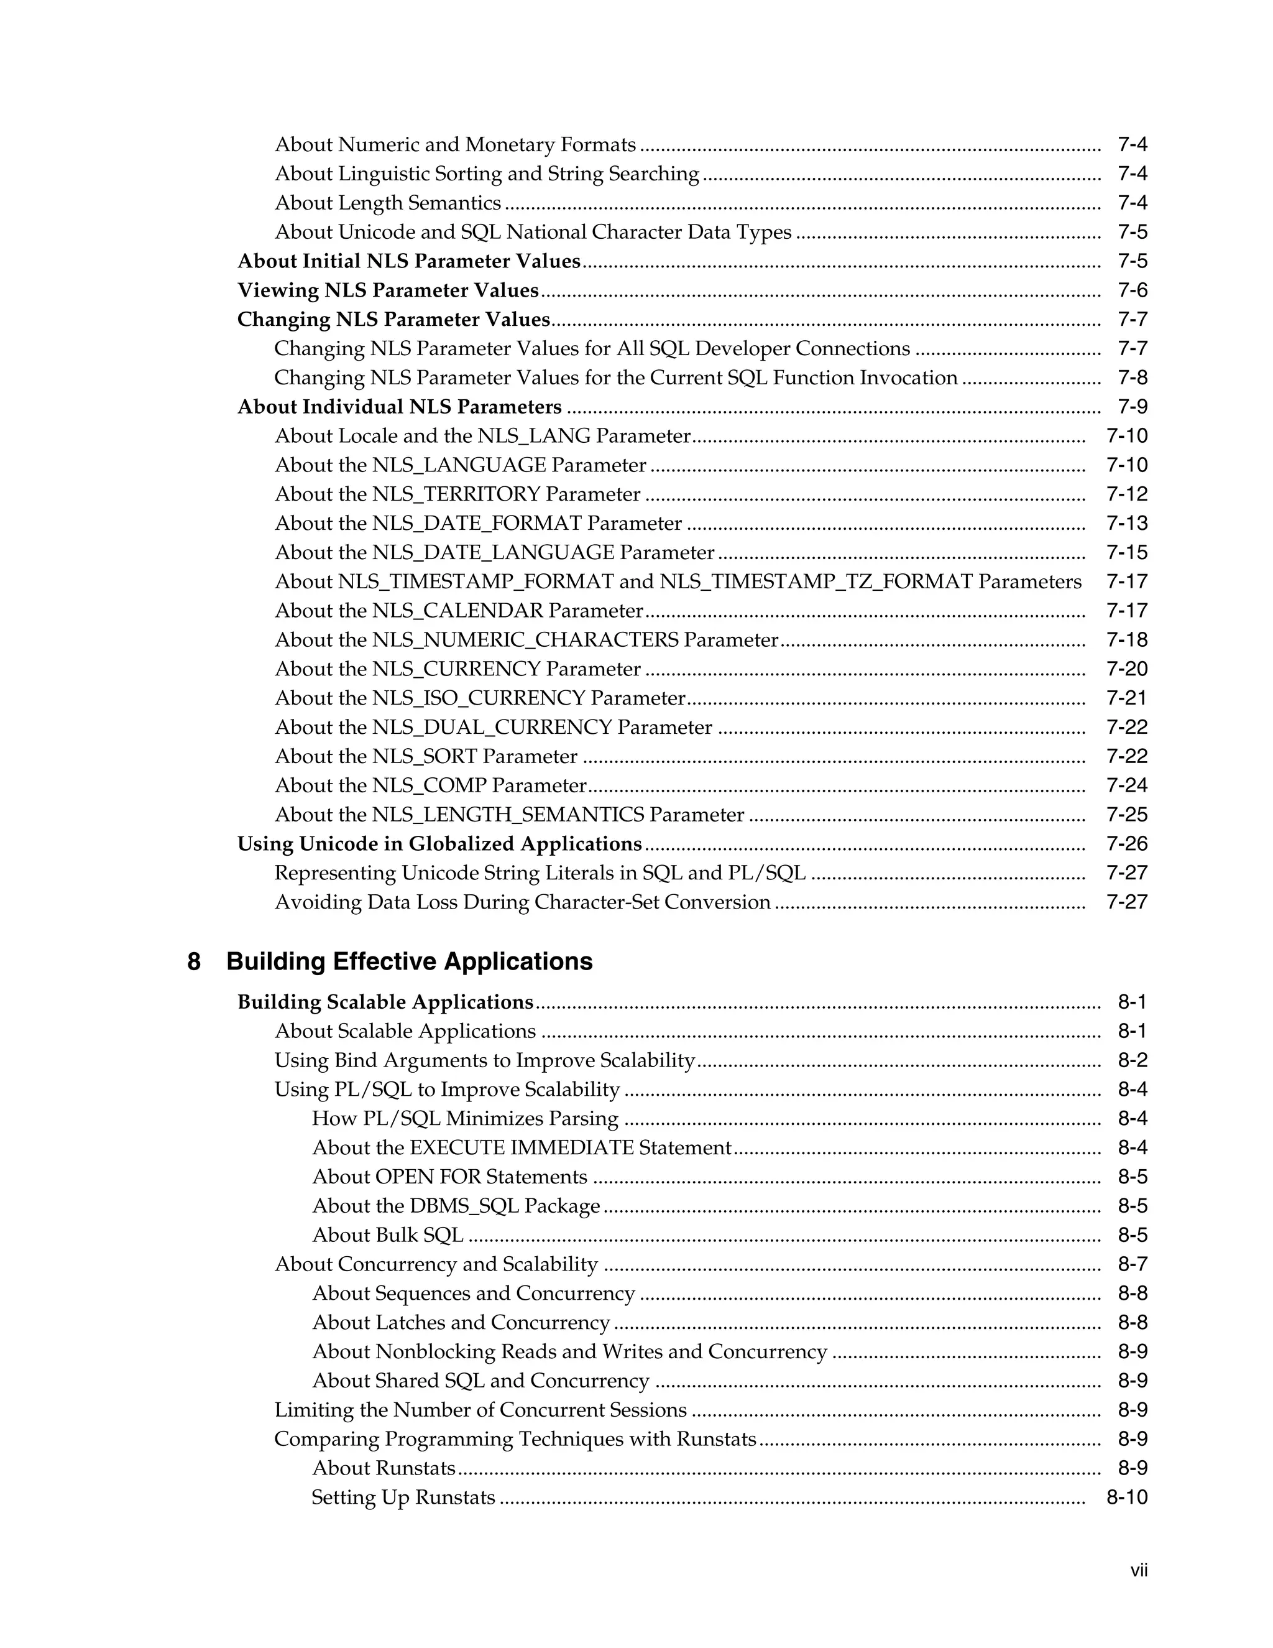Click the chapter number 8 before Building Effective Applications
(194, 962)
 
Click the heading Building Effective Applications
(409, 962)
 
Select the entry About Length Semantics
(388, 203)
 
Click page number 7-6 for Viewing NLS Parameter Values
(1132, 290)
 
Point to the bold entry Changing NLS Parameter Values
(393, 320)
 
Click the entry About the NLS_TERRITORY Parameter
(457, 494)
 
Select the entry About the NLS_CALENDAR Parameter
(459, 611)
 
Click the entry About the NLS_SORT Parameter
(426, 756)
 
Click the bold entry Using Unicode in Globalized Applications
(439, 845)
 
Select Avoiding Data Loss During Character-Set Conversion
(522, 902)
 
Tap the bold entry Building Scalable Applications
(385, 1002)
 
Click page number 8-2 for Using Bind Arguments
(1132, 1061)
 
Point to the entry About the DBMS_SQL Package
(456, 1206)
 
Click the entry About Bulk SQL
(388, 1235)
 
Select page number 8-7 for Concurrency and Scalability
(1132, 1265)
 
